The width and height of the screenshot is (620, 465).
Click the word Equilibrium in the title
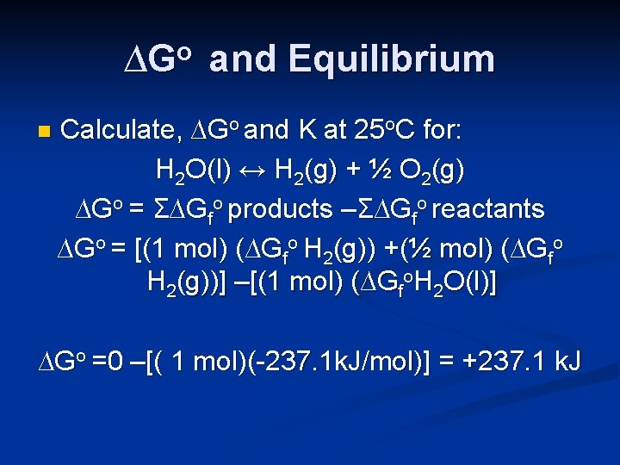click(392, 59)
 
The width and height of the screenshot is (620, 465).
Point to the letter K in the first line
click(307, 132)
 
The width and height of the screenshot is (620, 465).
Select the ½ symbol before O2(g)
click(389, 170)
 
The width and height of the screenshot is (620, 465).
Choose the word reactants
click(492, 208)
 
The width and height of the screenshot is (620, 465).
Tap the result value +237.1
click(496, 362)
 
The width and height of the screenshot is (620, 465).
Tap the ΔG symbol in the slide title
click(153, 59)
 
